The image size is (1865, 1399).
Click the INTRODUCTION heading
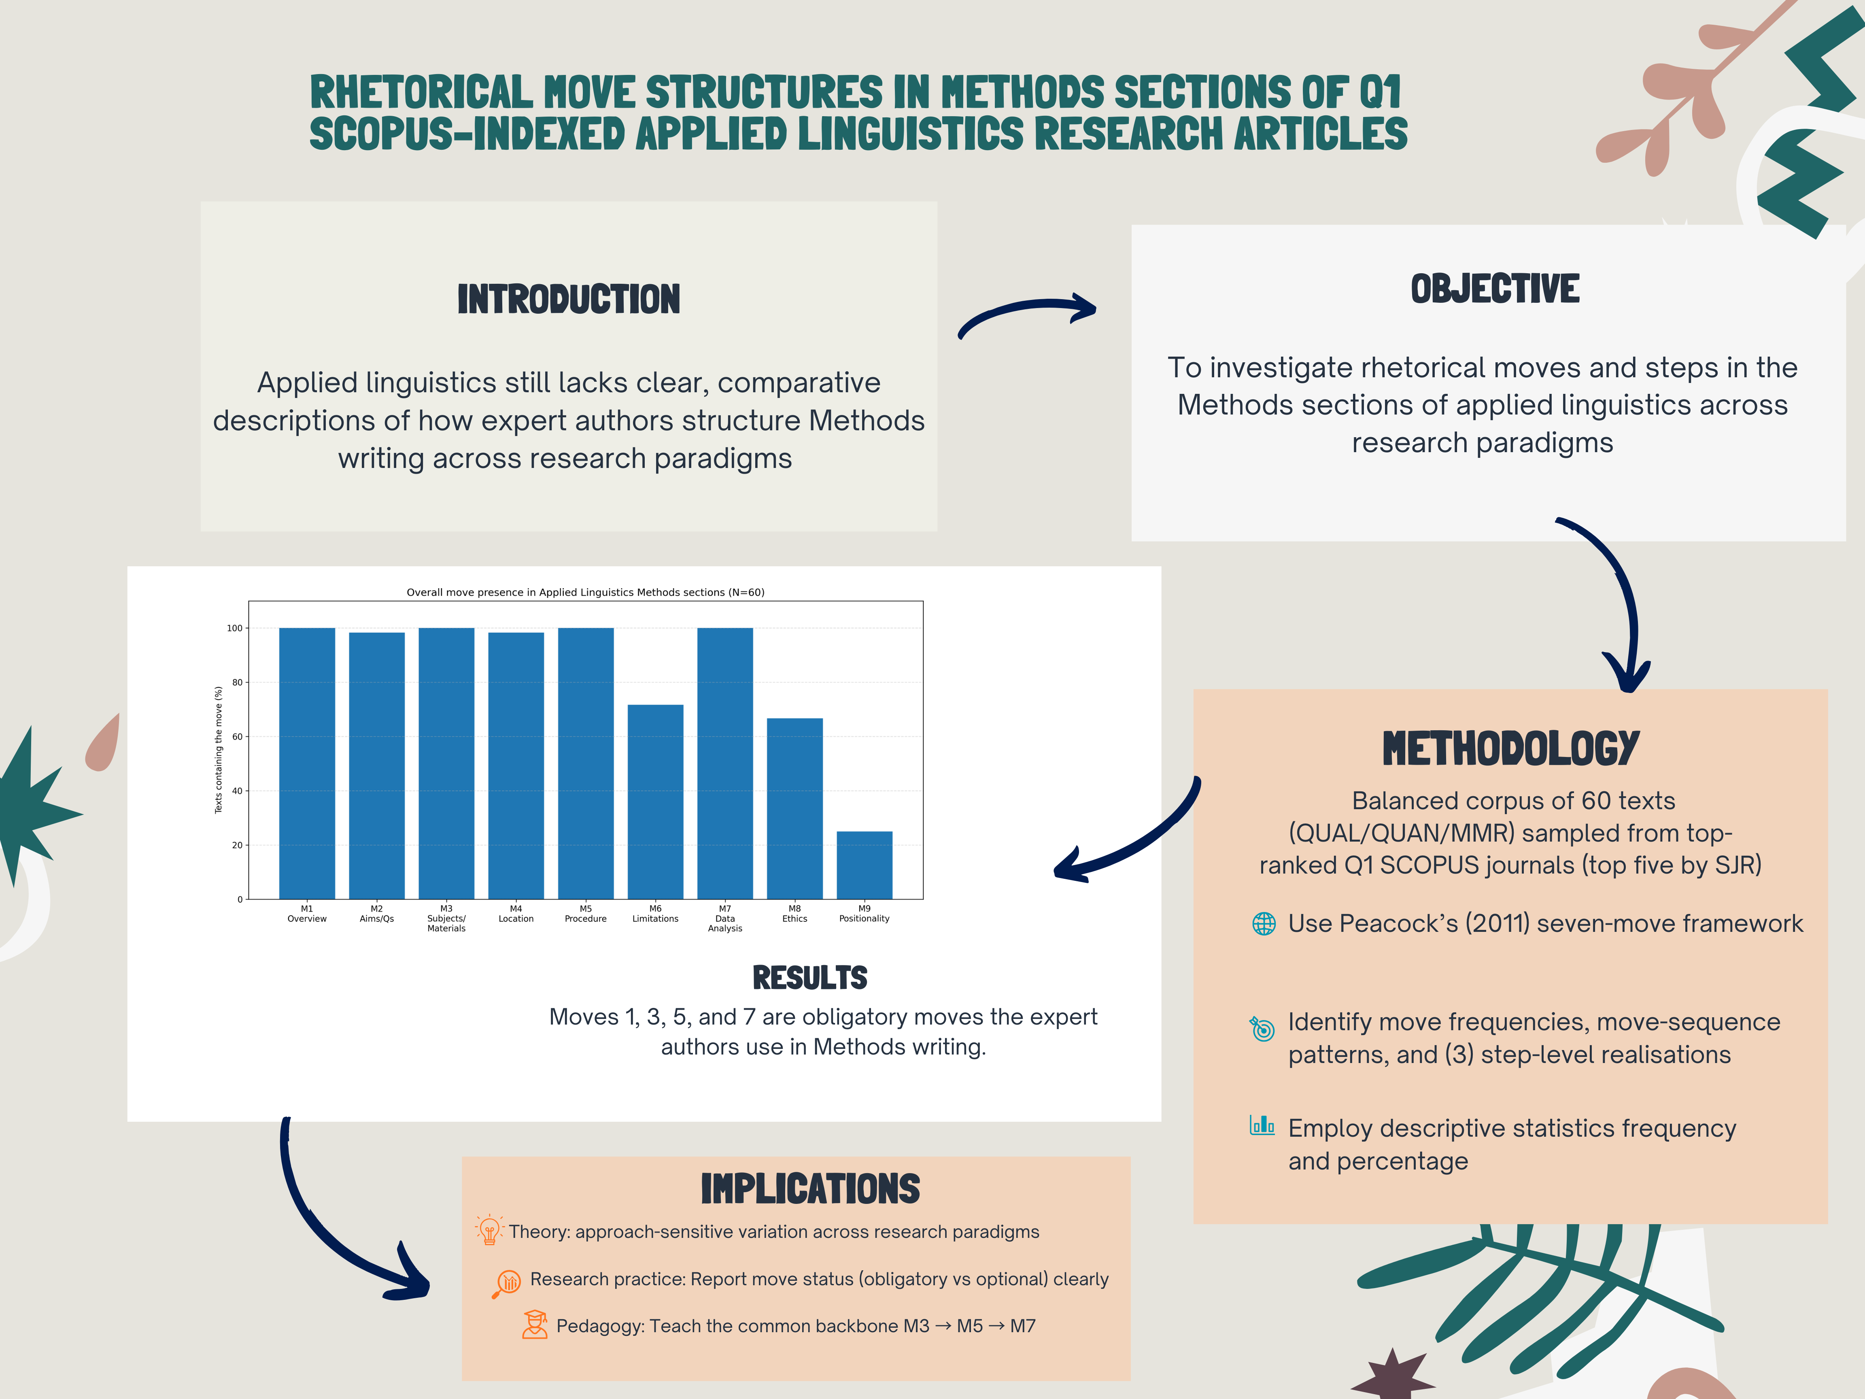pos(568,300)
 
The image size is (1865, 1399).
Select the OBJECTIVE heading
pos(1495,289)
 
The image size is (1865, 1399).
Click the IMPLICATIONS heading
pos(810,1189)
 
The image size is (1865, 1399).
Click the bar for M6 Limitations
pos(655,801)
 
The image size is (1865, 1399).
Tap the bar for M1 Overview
pos(307,763)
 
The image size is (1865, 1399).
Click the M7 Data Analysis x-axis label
pos(725,918)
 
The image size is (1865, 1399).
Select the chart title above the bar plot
pos(585,592)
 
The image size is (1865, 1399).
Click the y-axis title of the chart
pos(219,750)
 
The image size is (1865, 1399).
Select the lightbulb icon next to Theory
pos(489,1230)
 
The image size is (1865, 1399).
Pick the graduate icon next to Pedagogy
pos(535,1325)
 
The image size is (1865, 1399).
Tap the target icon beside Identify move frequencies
pos(1262,1028)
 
